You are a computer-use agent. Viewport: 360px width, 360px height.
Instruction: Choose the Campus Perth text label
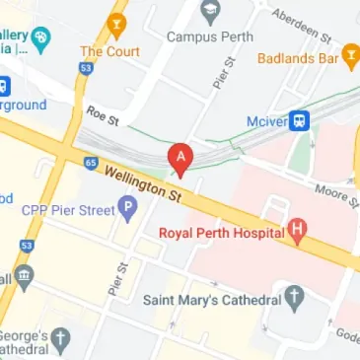click(x=210, y=36)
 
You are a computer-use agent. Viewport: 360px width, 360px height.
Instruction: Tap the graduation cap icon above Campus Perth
click(x=209, y=13)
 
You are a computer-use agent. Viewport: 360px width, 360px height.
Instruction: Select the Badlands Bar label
click(x=298, y=58)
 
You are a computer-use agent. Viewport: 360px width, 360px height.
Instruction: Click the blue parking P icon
click(x=126, y=208)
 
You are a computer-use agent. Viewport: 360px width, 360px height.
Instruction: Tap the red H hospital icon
click(x=297, y=233)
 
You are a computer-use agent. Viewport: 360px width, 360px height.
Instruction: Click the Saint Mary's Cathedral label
click(x=209, y=297)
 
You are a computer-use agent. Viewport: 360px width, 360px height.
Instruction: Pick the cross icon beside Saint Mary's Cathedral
click(x=293, y=297)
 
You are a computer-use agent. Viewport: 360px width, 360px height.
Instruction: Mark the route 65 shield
click(x=91, y=162)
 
